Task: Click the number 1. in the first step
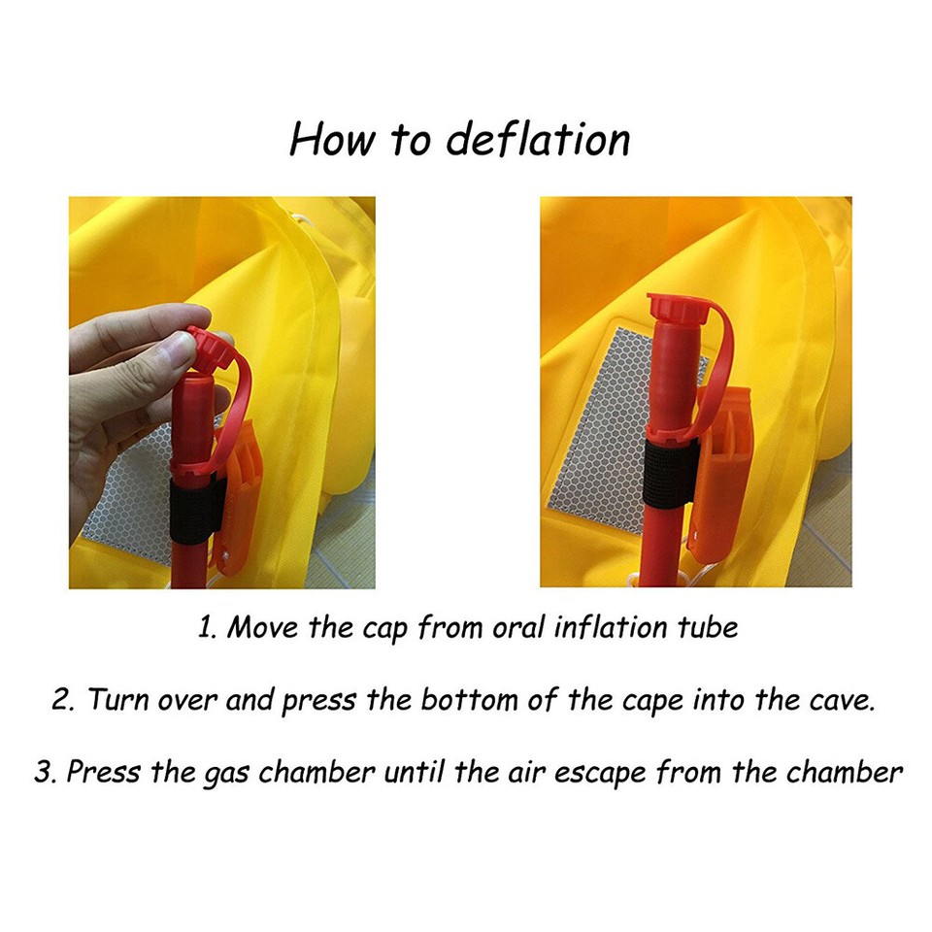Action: tap(206, 627)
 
